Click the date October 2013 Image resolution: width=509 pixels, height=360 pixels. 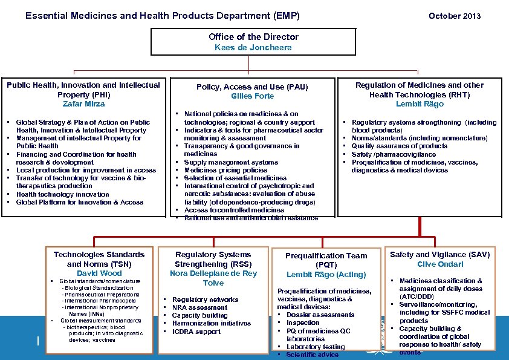pyautogui.click(x=454, y=16)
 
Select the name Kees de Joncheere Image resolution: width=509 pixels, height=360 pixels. pyautogui.click(x=253, y=47)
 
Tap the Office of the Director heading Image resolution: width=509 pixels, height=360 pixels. pyautogui.click(x=253, y=37)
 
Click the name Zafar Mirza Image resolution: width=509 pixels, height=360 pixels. pyautogui.click(x=83, y=104)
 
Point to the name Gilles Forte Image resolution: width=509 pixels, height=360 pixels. pyautogui.click(x=252, y=96)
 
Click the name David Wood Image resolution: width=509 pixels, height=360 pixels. pyautogui.click(x=99, y=273)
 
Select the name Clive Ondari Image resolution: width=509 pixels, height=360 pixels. pyautogui.click(x=440, y=264)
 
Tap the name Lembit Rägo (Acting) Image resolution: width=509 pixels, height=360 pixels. pyautogui.click(x=326, y=275)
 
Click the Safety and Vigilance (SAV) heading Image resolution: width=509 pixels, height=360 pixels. pyautogui.click(x=440, y=255)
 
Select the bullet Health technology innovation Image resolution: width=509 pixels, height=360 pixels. pyautogui.click(x=54, y=194)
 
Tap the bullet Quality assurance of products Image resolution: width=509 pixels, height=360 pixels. pyautogui.click(x=399, y=146)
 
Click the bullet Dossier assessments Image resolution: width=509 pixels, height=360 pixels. pyautogui.click(x=320, y=315)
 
